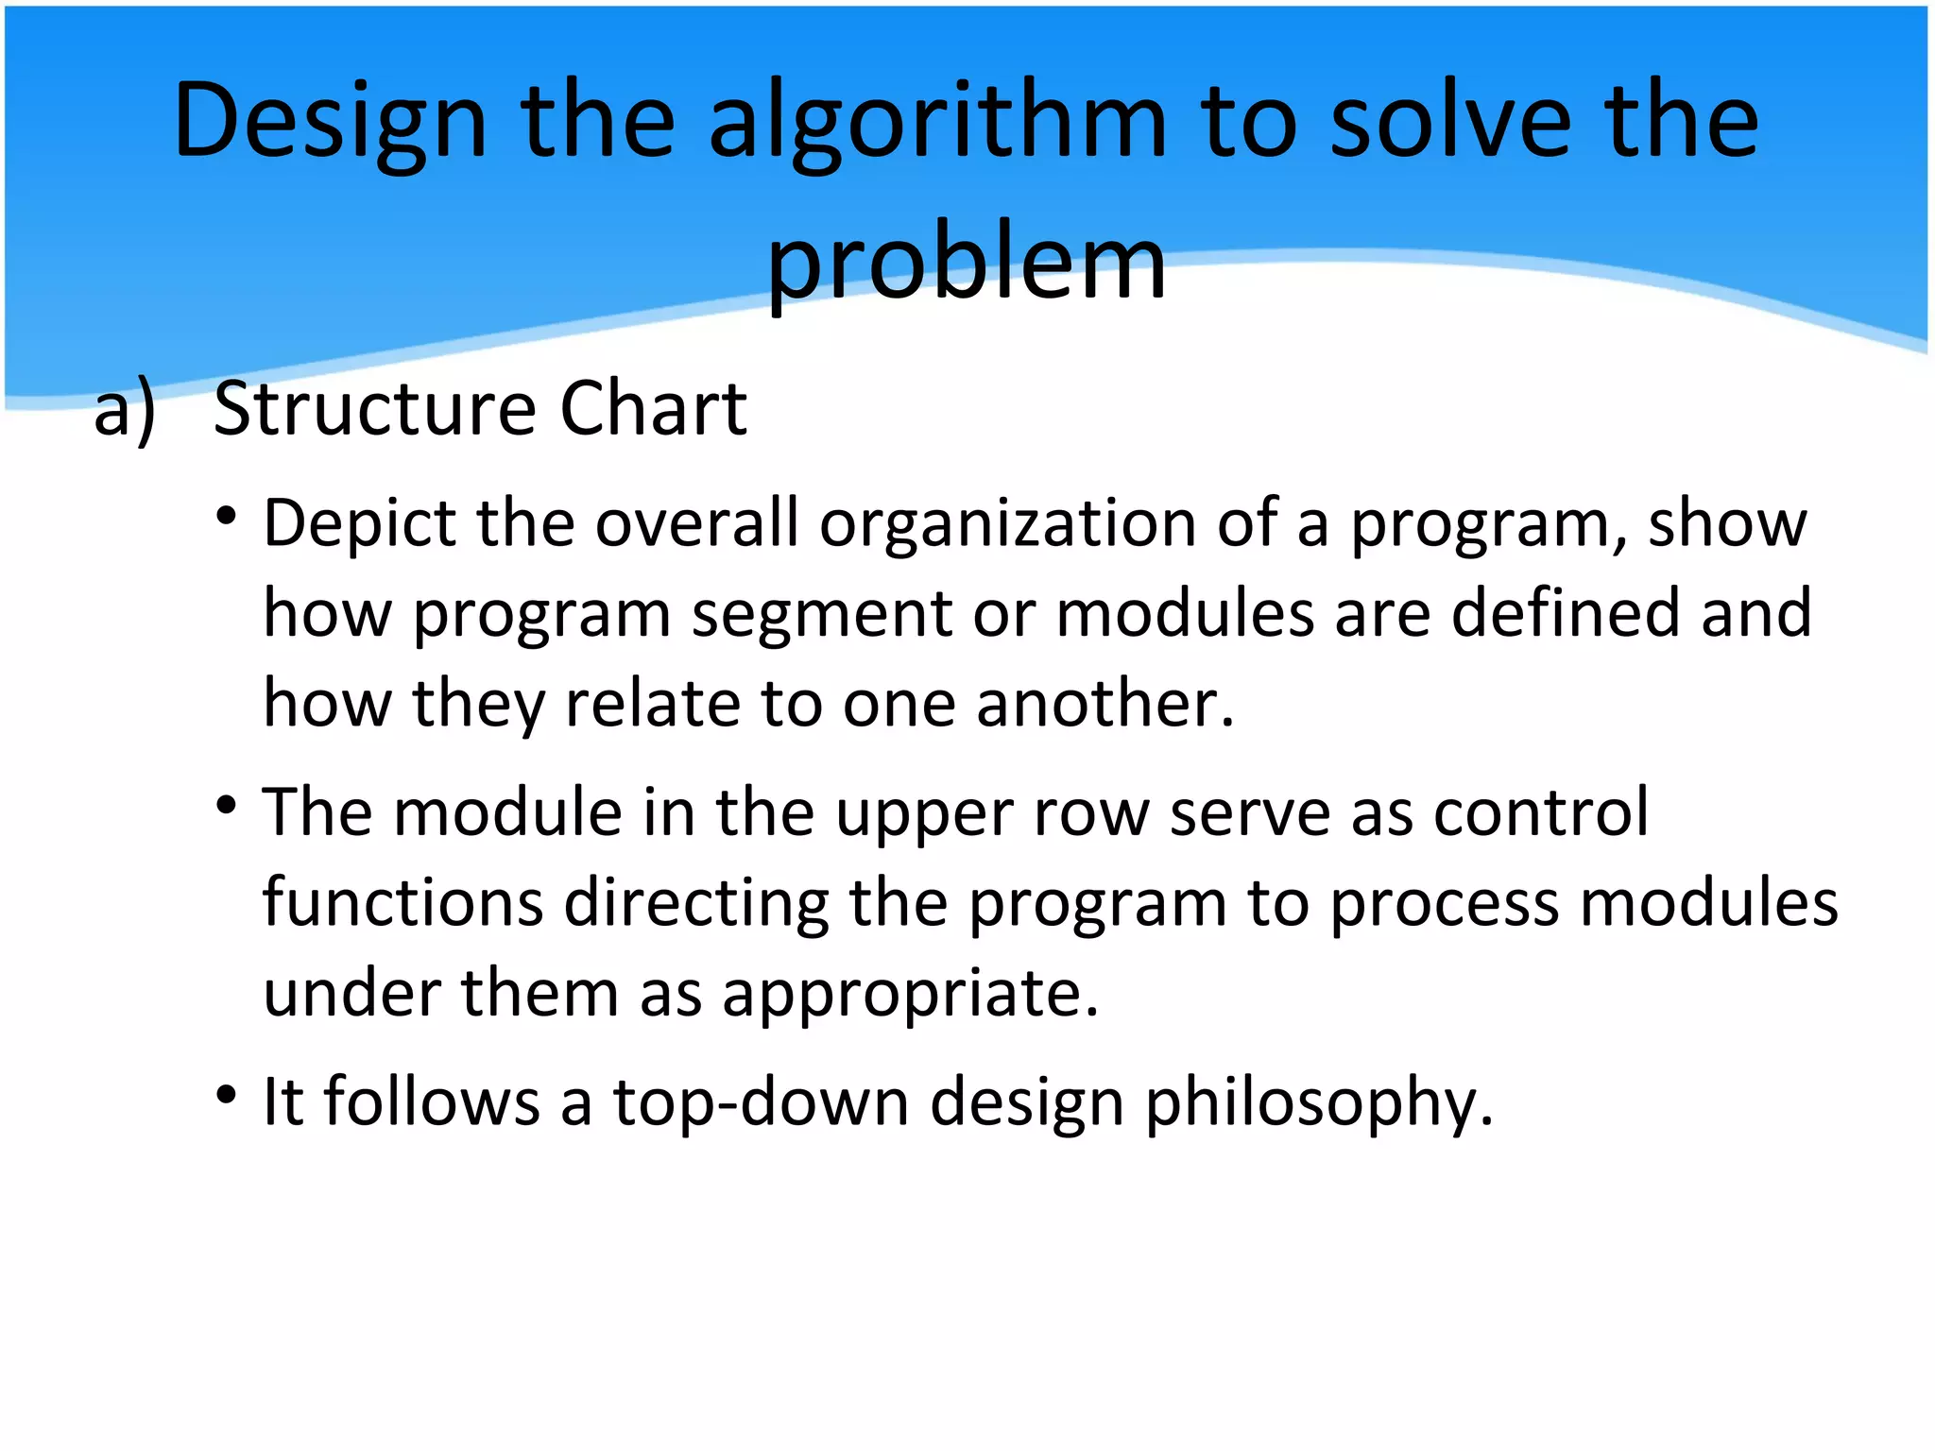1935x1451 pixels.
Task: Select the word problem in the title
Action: [x=967, y=263]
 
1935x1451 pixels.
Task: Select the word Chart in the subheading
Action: [x=653, y=409]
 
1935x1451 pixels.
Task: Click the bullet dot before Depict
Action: [x=226, y=517]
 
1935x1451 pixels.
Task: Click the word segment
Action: [x=822, y=615]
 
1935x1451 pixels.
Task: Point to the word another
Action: [x=1104, y=705]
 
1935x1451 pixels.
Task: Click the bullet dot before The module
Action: [x=226, y=806]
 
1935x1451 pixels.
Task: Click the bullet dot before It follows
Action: [x=226, y=1095]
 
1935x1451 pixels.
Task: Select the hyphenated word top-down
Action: [x=761, y=1102]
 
